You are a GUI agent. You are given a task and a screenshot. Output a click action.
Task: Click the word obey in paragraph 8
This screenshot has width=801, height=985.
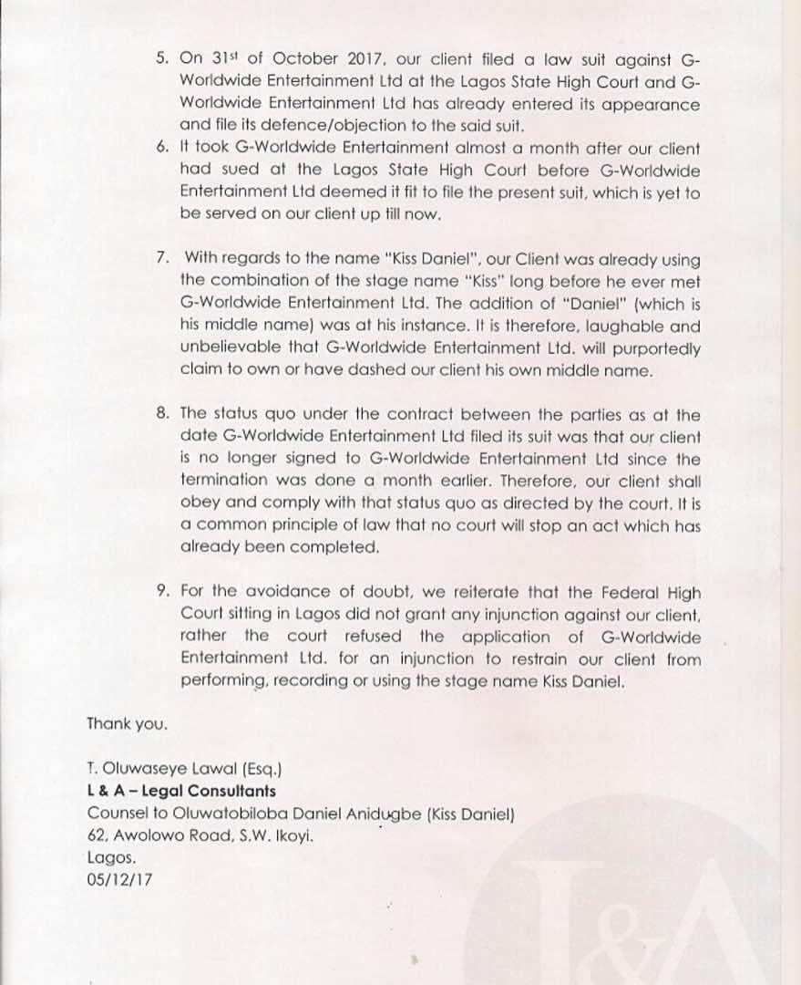(x=200, y=503)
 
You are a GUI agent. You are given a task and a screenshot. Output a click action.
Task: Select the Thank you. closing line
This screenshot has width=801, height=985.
(x=127, y=723)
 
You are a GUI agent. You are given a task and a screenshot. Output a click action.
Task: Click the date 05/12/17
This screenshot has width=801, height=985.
(x=119, y=881)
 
